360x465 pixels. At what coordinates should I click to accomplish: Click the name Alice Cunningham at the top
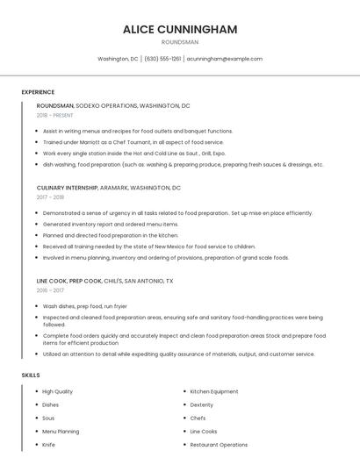point(180,29)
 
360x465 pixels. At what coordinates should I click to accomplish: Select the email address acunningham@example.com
point(224,59)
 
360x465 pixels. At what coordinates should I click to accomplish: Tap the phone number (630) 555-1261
point(162,59)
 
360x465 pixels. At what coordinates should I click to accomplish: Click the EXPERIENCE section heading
point(38,92)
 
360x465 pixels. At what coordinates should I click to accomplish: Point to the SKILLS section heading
point(30,375)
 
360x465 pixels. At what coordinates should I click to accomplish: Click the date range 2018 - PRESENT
point(54,115)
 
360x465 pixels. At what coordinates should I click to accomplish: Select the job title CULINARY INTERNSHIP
point(68,188)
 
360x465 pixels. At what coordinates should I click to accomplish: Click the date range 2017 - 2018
point(50,197)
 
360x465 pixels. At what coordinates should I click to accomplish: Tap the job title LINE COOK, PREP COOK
point(73,281)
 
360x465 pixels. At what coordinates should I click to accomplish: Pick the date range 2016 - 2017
point(50,290)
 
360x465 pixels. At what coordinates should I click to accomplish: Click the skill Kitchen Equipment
point(213,391)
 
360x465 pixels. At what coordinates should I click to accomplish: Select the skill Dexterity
point(202,404)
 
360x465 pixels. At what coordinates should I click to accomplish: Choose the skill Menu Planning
point(61,432)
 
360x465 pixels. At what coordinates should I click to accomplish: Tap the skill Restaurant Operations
point(219,445)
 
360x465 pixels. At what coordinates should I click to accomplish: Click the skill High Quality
point(57,391)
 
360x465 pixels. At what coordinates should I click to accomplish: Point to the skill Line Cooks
point(204,432)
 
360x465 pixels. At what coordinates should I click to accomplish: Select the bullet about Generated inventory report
point(110,224)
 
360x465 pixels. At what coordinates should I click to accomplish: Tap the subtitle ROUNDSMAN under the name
point(180,41)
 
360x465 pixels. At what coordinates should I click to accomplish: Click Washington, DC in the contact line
point(118,59)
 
